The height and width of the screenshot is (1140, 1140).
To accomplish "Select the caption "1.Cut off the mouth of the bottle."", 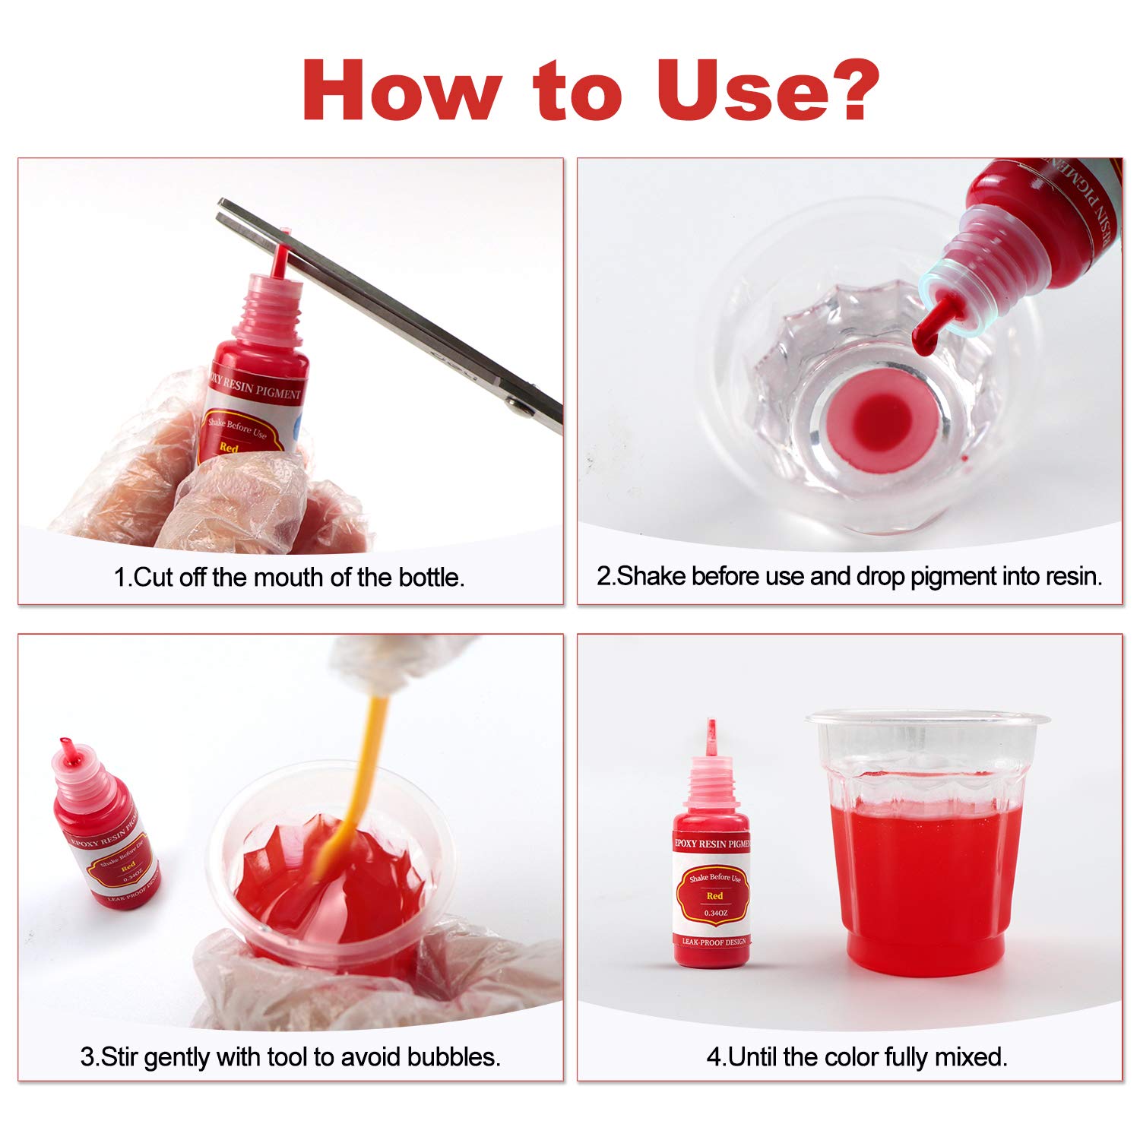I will click(x=289, y=578).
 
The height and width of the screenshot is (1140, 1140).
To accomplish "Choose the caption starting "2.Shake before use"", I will click(x=849, y=577).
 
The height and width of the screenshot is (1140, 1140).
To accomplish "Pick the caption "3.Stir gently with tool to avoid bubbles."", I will click(x=290, y=1057).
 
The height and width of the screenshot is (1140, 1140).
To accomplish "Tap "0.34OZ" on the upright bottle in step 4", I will click(x=715, y=913).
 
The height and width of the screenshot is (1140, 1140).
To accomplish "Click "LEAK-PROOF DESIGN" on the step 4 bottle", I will click(x=714, y=942).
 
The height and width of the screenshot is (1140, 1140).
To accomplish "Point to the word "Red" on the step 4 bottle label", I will click(x=714, y=897).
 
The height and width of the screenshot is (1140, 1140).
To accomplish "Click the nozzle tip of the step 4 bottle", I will click(x=711, y=726).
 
